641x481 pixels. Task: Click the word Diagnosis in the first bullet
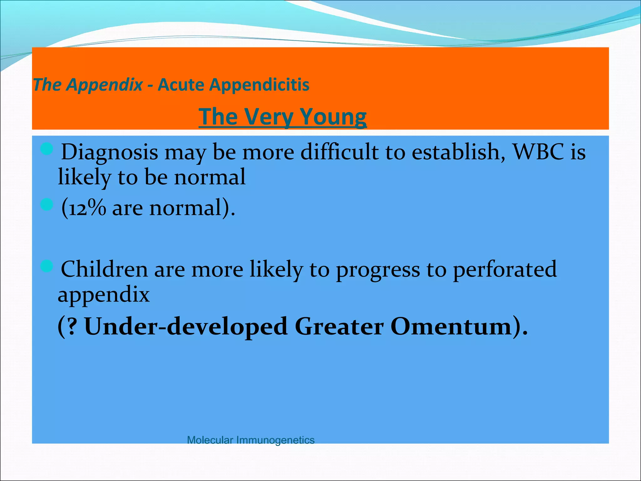[x=109, y=152]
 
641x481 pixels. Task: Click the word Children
[x=104, y=269]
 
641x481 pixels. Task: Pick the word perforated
[x=505, y=269]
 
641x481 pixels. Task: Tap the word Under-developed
[x=186, y=326]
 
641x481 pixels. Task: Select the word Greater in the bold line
[x=339, y=326]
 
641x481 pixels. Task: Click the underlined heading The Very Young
[x=282, y=116]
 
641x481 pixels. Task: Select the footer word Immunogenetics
[x=275, y=440]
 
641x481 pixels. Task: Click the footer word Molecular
[x=210, y=440]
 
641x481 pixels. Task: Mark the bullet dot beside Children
[x=47, y=266]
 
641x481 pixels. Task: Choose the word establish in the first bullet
[x=455, y=152]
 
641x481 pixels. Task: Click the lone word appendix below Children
[x=104, y=295]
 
